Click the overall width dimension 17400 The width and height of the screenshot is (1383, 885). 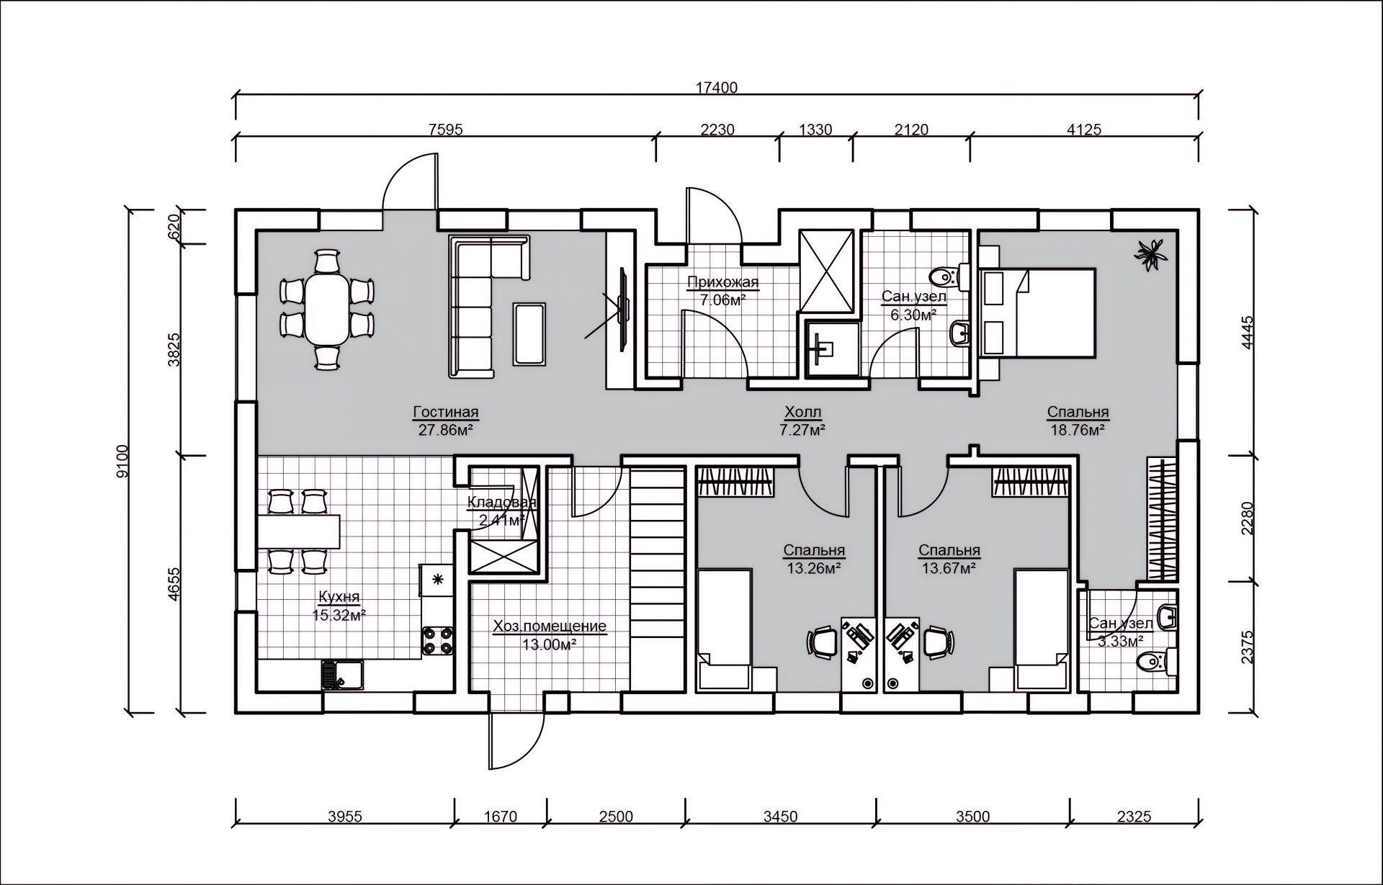tap(717, 88)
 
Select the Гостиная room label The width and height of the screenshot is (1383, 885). tap(446, 413)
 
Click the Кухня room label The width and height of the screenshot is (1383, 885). tap(339, 597)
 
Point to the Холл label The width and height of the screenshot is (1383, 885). tap(802, 413)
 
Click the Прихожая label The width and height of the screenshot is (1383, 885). tap(722, 282)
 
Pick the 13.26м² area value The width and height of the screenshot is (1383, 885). tap(814, 568)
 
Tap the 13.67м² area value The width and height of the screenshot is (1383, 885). tap(949, 568)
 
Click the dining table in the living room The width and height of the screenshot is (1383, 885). tap(328, 310)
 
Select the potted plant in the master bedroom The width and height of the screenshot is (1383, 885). tap(1151, 253)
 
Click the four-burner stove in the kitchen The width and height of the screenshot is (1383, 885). tap(438, 641)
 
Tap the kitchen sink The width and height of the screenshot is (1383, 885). tap(342, 675)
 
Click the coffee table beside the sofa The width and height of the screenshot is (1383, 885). tap(530, 333)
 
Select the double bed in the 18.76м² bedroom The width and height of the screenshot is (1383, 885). tap(1039, 313)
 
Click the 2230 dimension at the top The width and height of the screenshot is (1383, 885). tap(717, 130)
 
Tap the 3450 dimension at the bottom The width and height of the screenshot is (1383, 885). tap(780, 817)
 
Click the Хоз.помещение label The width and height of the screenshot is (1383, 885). tap(550, 626)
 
